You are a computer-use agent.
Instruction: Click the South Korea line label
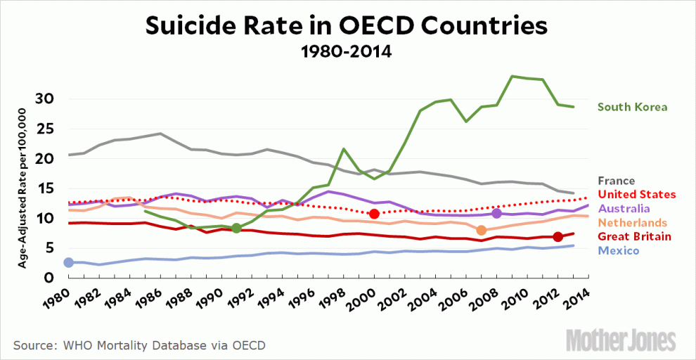[632, 108]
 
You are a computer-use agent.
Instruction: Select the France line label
[615, 181]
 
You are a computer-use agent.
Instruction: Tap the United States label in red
[636, 194]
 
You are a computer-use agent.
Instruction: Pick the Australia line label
[624, 208]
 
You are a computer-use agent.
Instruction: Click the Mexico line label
[618, 251]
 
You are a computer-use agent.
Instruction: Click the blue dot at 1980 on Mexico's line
[68, 262]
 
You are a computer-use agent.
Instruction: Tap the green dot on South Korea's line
[236, 228]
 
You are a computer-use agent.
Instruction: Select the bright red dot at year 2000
[374, 214]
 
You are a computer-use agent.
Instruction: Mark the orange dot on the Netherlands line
[482, 230]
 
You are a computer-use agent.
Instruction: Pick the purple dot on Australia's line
[497, 213]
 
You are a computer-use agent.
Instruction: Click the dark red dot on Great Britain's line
[558, 237]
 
